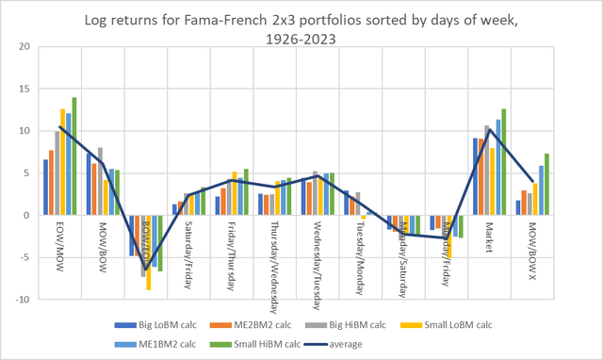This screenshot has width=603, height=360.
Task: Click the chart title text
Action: tap(301, 28)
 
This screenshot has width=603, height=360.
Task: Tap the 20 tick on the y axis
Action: tap(24, 47)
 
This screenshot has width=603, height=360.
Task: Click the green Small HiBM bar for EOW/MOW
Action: tap(74, 155)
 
